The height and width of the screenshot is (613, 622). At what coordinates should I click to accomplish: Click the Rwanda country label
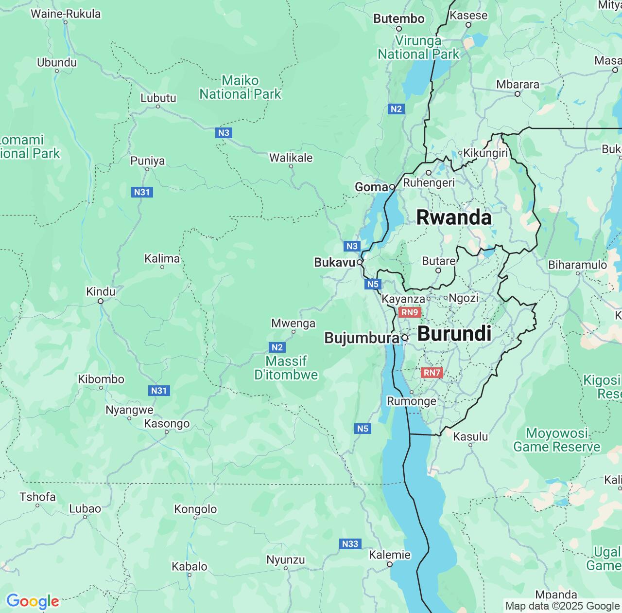pyautogui.click(x=454, y=217)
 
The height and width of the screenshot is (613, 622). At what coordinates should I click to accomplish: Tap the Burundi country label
pyautogui.click(x=454, y=334)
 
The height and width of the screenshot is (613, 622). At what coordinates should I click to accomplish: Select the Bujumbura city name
pyautogui.click(x=361, y=338)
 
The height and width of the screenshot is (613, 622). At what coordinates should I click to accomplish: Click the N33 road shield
pyautogui.click(x=350, y=544)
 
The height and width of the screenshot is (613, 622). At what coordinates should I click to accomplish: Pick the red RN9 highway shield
pyautogui.click(x=410, y=312)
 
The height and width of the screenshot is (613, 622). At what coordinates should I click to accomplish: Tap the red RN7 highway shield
pyautogui.click(x=432, y=373)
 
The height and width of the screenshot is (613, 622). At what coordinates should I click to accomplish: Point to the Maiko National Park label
pyautogui.click(x=240, y=88)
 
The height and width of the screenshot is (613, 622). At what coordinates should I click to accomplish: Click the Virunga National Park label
pyautogui.click(x=418, y=48)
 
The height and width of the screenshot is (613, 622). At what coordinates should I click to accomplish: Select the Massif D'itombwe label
pyautogui.click(x=286, y=368)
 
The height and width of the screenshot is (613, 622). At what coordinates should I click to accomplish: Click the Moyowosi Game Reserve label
pyautogui.click(x=557, y=440)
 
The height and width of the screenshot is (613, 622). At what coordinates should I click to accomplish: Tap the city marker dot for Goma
pyautogui.click(x=392, y=187)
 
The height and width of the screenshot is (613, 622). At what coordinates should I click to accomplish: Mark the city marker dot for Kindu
pyautogui.click(x=101, y=301)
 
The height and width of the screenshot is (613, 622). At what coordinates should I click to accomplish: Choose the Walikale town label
pyautogui.click(x=291, y=158)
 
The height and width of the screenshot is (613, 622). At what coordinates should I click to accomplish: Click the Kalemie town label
pyautogui.click(x=390, y=555)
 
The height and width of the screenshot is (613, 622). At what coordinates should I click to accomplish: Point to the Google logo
pyautogui.click(x=32, y=601)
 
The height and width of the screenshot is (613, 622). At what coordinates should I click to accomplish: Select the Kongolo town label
pyautogui.click(x=195, y=509)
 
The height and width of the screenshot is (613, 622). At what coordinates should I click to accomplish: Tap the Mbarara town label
pyautogui.click(x=518, y=84)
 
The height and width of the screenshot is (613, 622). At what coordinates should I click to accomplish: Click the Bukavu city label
pyautogui.click(x=334, y=262)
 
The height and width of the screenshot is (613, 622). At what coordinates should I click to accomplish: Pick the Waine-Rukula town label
pyautogui.click(x=66, y=14)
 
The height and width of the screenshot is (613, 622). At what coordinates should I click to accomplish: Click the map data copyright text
pyautogui.click(x=562, y=606)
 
